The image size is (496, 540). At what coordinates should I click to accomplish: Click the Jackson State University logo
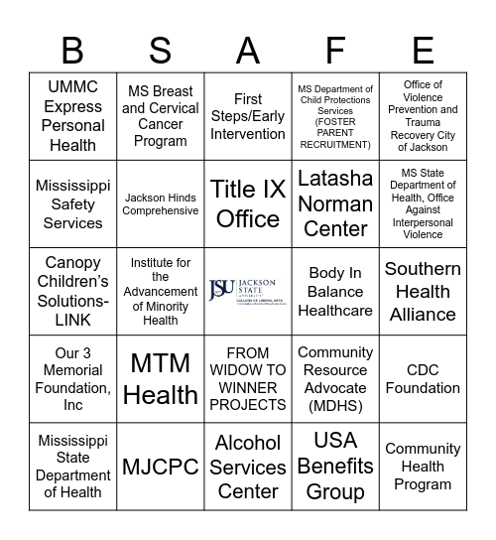click(x=248, y=291)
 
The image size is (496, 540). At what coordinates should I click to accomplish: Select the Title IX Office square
click(x=248, y=203)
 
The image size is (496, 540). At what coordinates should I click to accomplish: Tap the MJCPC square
click(x=160, y=466)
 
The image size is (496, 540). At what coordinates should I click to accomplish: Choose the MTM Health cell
click(x=160, y=378)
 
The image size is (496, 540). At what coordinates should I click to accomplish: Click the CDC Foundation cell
click(x=423, y=378)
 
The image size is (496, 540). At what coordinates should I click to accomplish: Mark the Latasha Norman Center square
click(x=335, y=203)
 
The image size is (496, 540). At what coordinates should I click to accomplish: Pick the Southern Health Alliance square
click(x=423, y=291)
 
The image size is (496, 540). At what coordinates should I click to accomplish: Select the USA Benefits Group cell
click(x=335, y=466)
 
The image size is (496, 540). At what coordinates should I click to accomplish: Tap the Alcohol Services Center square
click(x=248, y=466)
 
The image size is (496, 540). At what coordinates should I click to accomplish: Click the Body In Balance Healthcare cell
click(x=335, y=291)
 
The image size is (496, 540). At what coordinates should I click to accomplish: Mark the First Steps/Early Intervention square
click(x=248, y=116)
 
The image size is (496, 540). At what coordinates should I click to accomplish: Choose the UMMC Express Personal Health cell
click(x=72, y=116)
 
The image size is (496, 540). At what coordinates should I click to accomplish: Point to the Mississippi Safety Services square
click(x=72, y=203)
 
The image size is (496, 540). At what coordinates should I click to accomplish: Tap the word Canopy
click(x=73, y=263)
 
